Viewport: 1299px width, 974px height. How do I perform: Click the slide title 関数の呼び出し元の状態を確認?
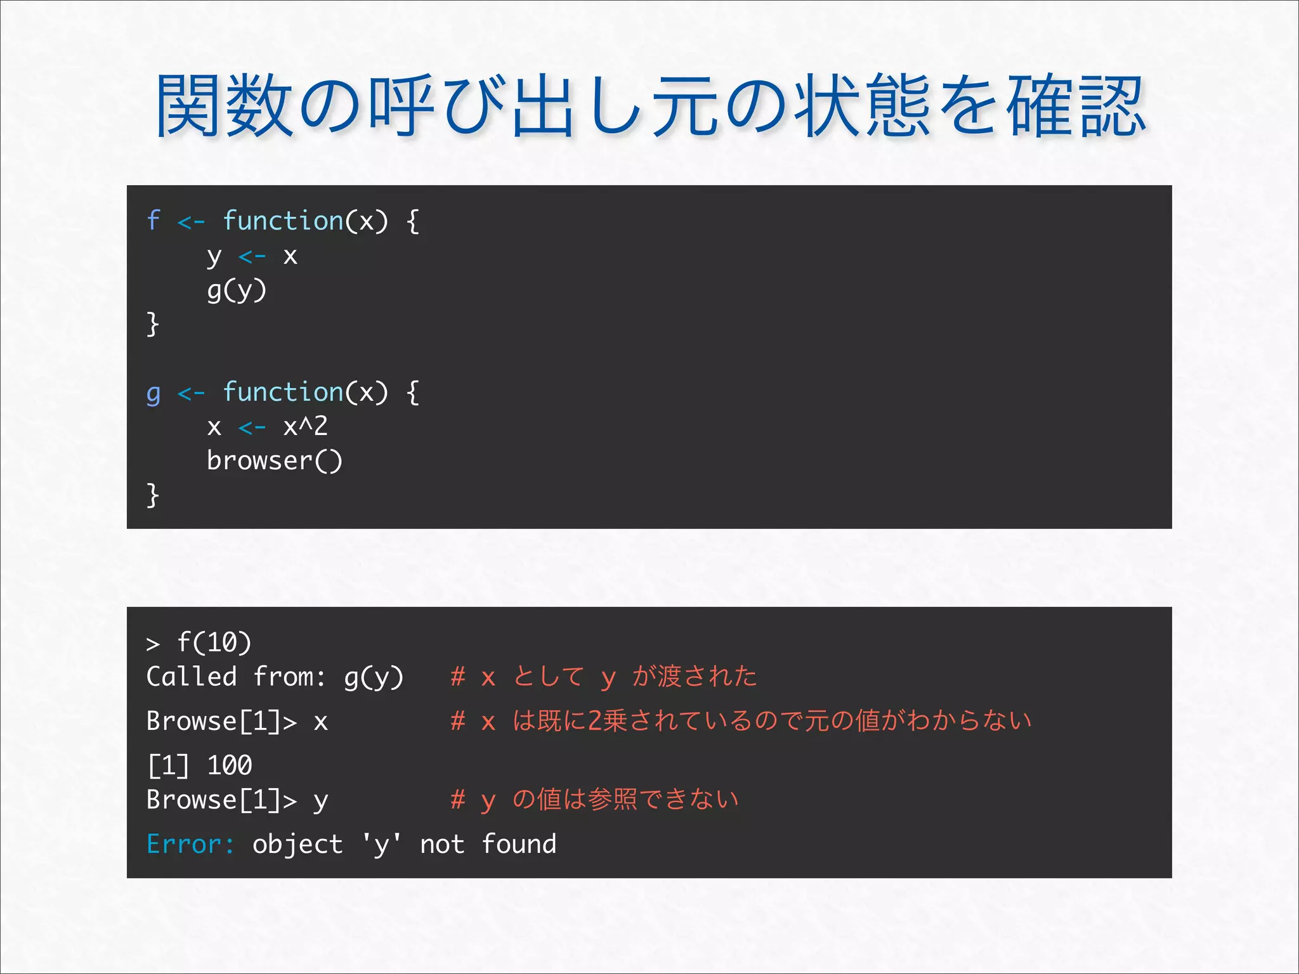pos(651,106)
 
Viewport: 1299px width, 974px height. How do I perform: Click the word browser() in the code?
pos(274,461)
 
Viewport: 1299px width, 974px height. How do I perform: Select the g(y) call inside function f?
pos(237,290)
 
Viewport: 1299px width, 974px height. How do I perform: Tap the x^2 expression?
pos(305,426)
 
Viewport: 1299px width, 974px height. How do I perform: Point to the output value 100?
pos(230,765)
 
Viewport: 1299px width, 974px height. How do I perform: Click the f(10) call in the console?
pos(214,642)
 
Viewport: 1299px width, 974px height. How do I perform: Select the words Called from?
pos(235,677)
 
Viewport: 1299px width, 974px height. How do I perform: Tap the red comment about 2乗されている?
pos(741,721)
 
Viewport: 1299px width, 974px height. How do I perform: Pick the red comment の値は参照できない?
pos(595,800)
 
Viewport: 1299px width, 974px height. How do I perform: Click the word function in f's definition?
pos(283,221)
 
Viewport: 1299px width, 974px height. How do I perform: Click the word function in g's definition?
pos(283,392)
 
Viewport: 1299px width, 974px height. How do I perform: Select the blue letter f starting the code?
pos(153,221)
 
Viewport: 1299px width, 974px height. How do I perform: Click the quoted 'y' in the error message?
pos(381,845)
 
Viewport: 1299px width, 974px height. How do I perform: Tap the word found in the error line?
pos(519,844)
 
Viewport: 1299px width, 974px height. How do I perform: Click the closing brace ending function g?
pos(152,495)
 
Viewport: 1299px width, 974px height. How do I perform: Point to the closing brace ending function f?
pos(152,324)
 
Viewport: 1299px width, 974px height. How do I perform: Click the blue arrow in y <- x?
pos(252,257)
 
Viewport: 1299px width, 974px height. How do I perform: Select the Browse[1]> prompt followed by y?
pos(221,800)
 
